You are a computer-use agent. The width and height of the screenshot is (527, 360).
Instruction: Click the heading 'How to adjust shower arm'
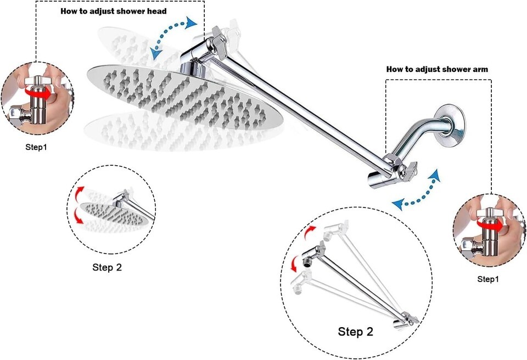coord(437,69)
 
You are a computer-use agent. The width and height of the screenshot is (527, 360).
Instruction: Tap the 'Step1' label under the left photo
coord(36,147)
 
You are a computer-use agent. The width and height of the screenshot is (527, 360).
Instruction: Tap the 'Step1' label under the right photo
coord(488,279)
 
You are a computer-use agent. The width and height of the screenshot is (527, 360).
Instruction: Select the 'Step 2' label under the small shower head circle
coord(108,268)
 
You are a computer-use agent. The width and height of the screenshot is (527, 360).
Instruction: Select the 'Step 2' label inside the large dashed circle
coord(355,331)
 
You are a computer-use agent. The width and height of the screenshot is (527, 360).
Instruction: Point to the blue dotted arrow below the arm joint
coord(417,191)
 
